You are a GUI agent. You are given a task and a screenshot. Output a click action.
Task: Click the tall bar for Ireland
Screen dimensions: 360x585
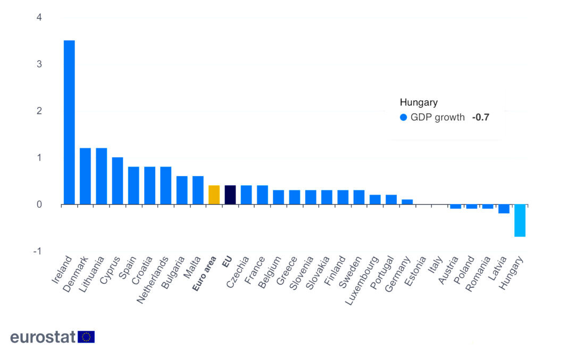point(69,122)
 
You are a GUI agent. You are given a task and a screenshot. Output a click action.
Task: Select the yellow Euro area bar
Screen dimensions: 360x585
point(214,195)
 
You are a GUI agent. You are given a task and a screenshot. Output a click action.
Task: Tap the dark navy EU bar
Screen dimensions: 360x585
point(230,195)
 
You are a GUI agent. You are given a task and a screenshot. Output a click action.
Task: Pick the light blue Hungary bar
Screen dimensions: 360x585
point(520,221)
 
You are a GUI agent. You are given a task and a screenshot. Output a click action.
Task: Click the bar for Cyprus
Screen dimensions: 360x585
point(118,181)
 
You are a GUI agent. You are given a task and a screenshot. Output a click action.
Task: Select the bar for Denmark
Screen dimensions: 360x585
point(85,176)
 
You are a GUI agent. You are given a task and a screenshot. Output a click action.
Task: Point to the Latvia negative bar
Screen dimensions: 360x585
point(504,209)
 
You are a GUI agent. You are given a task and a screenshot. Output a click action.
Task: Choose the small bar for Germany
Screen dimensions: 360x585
point(407,202)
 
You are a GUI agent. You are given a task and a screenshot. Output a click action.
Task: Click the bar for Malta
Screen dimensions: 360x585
point(198,190)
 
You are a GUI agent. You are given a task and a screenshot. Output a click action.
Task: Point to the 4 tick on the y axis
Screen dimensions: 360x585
point(39,18)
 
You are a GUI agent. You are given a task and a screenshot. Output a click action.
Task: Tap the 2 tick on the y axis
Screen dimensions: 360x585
point(39,111)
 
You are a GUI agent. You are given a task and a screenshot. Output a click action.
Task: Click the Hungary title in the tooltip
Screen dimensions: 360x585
point(419,103)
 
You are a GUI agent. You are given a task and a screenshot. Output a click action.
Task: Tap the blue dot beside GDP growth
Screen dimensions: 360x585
point(403,118)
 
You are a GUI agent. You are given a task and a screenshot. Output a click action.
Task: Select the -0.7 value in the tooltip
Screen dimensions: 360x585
point(480,118)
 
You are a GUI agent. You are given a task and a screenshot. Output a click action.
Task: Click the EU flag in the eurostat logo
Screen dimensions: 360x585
point(86,337)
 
